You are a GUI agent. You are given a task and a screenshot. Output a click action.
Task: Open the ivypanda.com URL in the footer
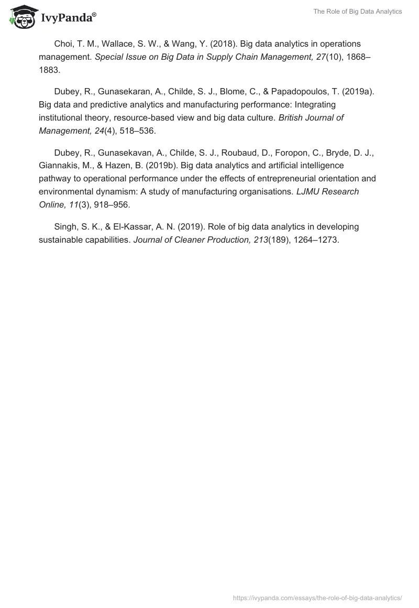point(317,597)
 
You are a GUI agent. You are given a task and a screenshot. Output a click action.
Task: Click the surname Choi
point(63,44)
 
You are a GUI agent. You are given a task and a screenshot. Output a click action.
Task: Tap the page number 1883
point(49,69)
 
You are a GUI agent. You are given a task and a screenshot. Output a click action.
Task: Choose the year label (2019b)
point(154,165)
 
